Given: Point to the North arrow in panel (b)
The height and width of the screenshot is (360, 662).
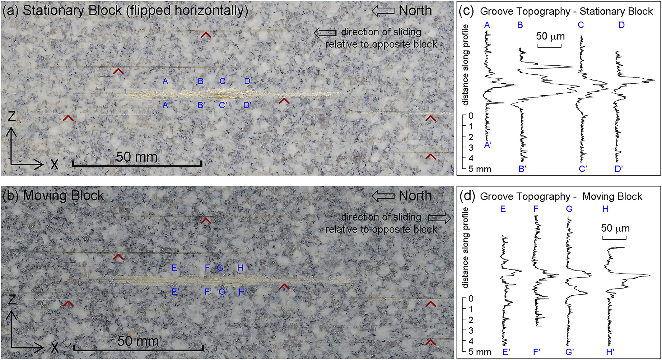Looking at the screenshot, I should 383,196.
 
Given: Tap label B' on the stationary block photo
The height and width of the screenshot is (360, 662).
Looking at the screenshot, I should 201,105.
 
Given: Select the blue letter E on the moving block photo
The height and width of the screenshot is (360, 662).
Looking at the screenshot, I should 174,268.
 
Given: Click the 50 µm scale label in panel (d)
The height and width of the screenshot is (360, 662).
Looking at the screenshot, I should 615,228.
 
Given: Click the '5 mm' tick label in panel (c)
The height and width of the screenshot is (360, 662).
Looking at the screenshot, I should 480,169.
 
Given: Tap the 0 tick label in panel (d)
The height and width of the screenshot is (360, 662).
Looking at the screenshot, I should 471,299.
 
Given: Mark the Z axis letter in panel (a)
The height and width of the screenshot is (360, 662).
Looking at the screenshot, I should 12,117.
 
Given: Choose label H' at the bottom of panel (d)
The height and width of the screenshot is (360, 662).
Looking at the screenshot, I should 610,352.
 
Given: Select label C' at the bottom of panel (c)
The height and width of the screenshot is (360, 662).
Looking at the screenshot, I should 583,169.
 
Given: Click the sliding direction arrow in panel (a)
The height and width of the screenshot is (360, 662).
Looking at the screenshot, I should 324,33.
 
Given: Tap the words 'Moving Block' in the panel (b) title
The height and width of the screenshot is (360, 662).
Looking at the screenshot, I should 63,196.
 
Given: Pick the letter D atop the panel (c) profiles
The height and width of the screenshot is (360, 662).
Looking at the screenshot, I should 621,25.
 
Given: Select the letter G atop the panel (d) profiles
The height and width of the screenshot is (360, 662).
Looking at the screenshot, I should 569,209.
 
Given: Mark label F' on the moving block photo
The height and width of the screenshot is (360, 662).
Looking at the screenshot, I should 208,292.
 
